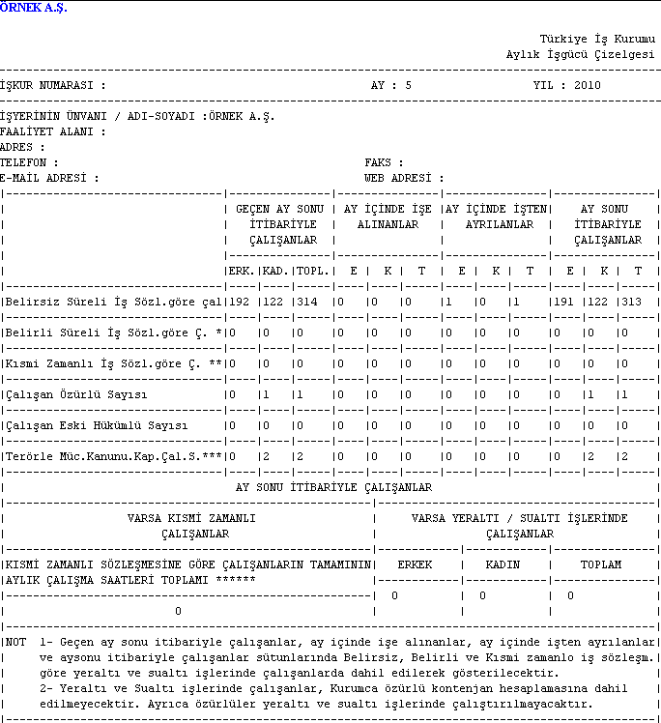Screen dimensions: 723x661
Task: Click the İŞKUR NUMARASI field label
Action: click(53, 85)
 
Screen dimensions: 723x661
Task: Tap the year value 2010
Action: click(588, 85)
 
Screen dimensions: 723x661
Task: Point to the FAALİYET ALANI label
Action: click(52, 132)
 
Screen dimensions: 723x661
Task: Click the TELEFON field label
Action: click(29, 163)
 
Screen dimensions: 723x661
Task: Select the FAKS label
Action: click(384, 163)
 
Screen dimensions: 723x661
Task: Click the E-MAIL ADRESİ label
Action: click(49, 179)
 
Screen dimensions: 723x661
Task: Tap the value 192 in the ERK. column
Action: click(239, 303)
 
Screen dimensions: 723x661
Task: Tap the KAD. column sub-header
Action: click(275, 272)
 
